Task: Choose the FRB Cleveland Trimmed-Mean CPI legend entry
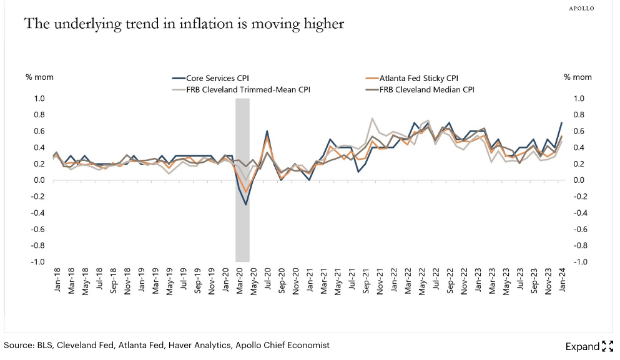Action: click(241, 89)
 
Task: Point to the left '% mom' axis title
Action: click(38, 77)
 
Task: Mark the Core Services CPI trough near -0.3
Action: click(246, 205)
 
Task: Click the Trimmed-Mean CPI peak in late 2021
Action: click(372, 119)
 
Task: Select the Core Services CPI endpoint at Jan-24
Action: click(562, 123)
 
